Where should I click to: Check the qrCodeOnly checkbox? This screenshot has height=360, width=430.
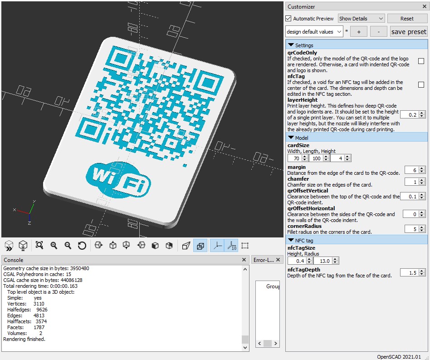[x=421, y=61]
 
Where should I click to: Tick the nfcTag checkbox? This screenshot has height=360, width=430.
[x=421, y=85]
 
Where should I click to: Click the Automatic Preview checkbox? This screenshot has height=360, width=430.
[x=288, y=19]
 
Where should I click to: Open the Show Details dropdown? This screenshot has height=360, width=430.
[x=361, y=19]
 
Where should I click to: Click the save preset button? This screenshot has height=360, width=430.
[x=408, y=32]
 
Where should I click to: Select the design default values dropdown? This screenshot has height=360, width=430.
[x=314, y=32]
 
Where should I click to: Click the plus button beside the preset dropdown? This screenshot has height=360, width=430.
[x=359, y=32]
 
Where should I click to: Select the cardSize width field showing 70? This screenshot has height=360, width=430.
[x=295, y=158]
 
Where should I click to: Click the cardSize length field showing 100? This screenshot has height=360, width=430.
[x=316, y=158]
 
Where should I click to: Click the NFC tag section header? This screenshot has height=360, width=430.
[x=304, y=240]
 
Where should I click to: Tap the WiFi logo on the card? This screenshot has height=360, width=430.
[x=119, y=178]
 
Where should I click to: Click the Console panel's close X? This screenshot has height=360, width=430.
[x=244, y=260]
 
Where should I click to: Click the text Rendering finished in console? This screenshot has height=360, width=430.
[x=24, y=339]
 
